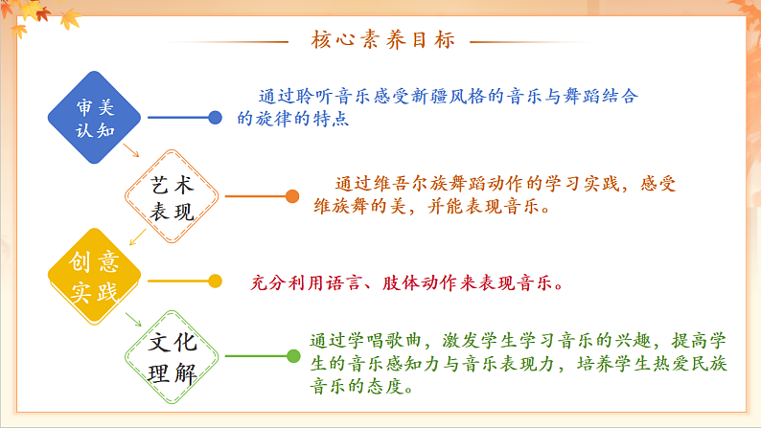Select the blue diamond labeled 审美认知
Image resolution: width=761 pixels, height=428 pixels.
pyautogui.click(x=95, y=118)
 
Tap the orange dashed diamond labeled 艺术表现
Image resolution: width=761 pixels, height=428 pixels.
pyautogui.click(x=173, y=198)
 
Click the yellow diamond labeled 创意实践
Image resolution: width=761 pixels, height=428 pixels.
pyautogui.click(x=95, y=278)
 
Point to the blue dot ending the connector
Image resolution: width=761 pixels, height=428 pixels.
pyautogui.click(x=216, y=118)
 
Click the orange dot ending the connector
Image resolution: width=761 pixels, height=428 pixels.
pyautogui.click(x=291, y=197)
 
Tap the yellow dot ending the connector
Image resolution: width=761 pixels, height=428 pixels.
pyautogui.click(x=216, y=282)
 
